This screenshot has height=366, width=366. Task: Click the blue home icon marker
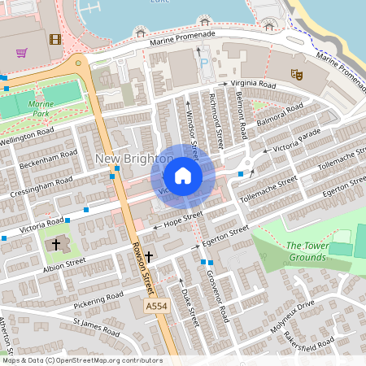[183, 176]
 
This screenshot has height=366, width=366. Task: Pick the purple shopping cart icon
[22, 52]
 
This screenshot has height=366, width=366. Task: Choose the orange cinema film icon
[54, 39]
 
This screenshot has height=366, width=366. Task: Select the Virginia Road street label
[253, 85]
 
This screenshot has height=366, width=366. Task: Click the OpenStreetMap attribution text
[81, 360]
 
